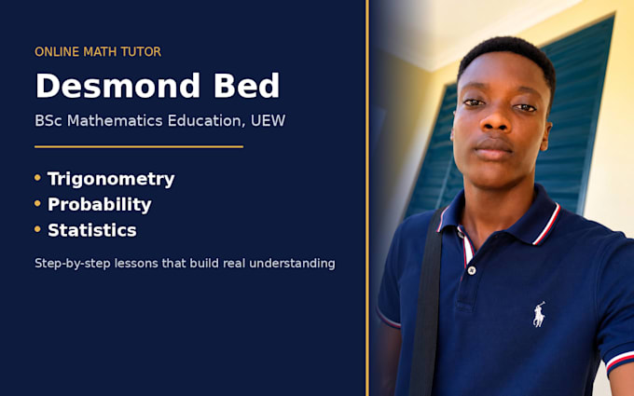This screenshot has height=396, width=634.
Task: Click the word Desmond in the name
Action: [x=117, y=86]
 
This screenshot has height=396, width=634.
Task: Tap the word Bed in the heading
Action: [x=247, y=86]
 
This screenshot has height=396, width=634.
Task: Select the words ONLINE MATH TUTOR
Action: [x=98, y=52]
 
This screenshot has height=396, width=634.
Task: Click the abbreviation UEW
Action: [x=269, y=120]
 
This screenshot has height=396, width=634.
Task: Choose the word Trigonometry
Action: [x=111, y=179]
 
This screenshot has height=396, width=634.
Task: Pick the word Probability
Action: [x=100, y=204]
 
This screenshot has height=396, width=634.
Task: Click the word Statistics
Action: [x=92, y=230]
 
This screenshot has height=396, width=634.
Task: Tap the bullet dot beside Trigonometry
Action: [x=37, y=177]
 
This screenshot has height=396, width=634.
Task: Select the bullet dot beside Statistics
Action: [x=37, y=229]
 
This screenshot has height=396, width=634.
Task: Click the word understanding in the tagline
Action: [x=292, y=264]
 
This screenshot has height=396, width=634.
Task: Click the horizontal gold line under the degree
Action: [x=139, y=146]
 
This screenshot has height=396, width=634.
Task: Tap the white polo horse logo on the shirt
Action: [x=539, y=314]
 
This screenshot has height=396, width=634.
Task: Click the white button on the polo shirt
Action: [x=472, y=270]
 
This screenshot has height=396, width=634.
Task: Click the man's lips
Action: [x=493, y=147]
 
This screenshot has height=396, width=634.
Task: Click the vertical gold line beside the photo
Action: [x=367, y=198]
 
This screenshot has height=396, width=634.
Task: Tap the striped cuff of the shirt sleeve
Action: [x=621, y=360]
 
